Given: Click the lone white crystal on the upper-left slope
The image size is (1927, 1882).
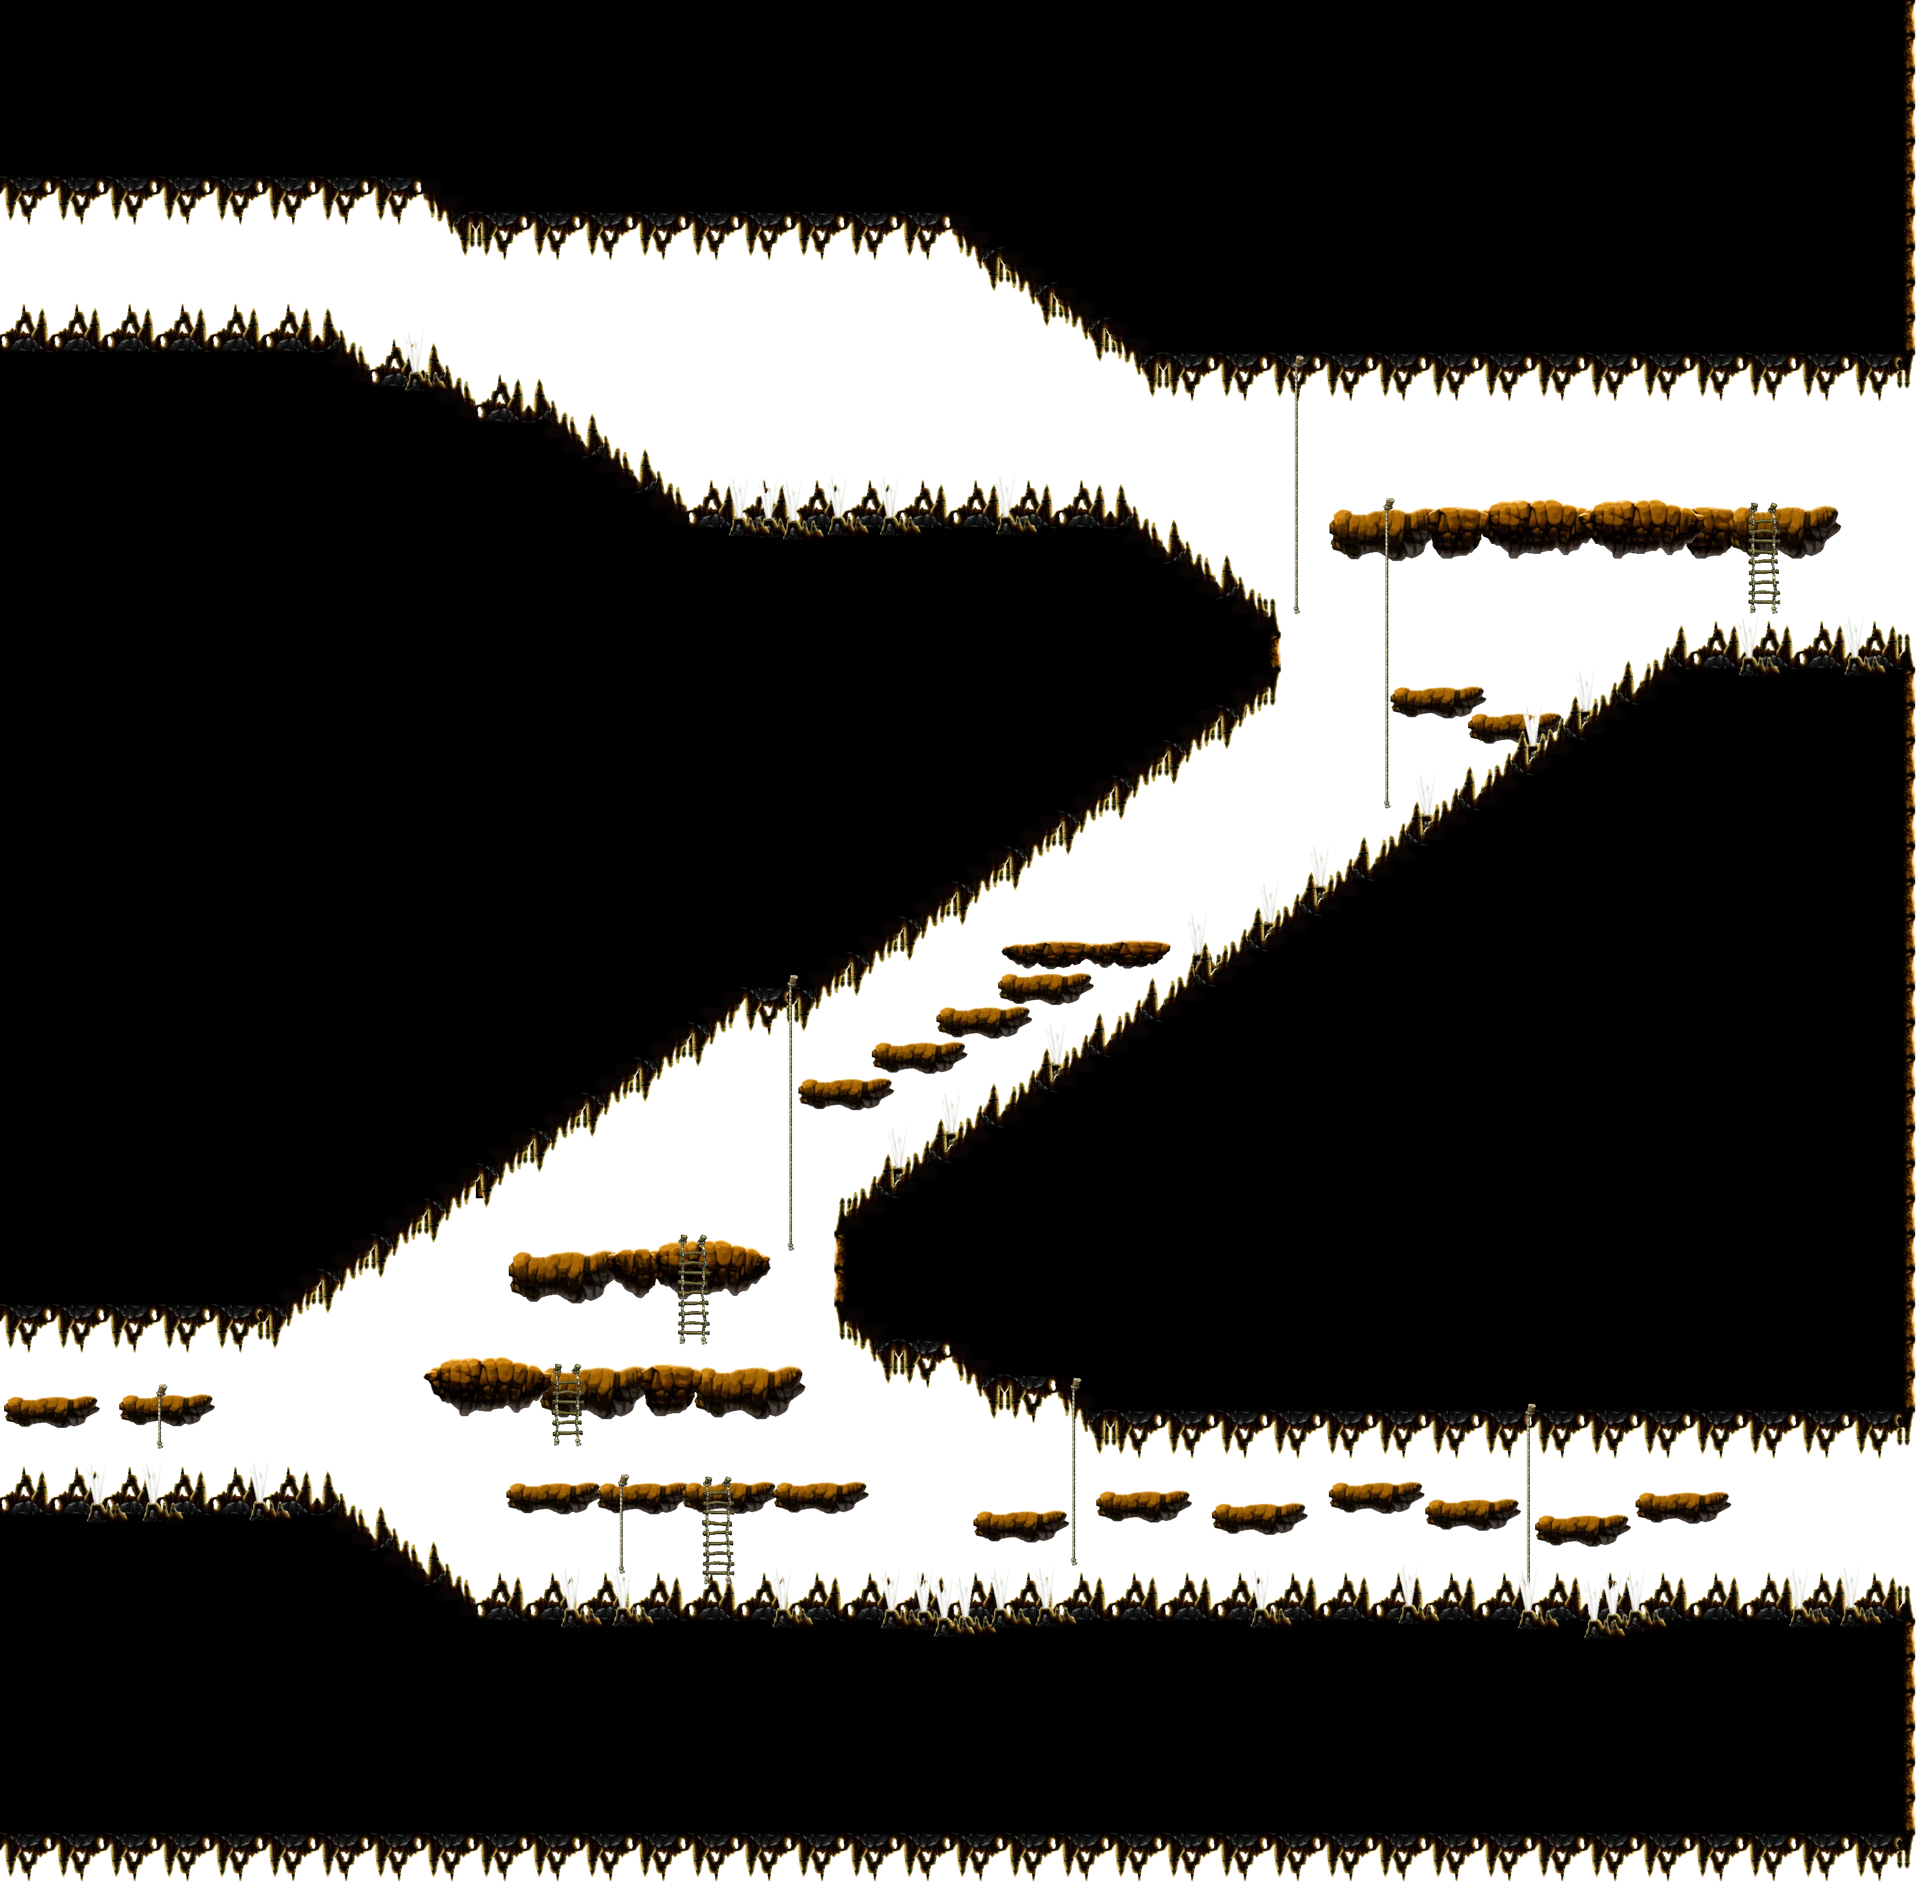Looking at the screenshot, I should [x=412, y=350].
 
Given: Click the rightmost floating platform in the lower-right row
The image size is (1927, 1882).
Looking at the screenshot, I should [x=1681, y=1503].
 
